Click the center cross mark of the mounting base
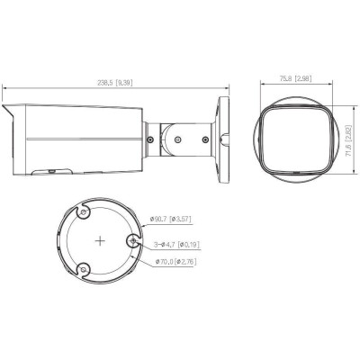99,242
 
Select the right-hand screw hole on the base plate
133,240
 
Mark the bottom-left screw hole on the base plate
83,271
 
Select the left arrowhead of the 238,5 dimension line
4,88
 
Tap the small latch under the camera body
52,169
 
